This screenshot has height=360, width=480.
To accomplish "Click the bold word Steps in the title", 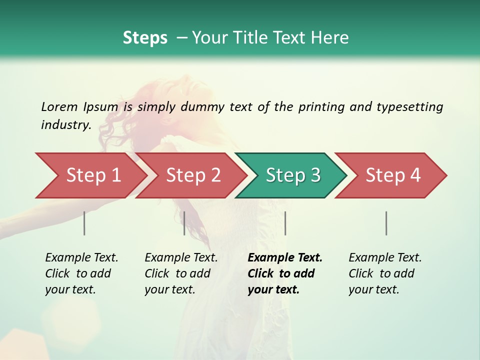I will click(x=145, y=38).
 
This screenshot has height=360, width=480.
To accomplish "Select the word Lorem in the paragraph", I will click(x=59, y=107).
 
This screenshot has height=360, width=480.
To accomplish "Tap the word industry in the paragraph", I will click(x=65, y=125).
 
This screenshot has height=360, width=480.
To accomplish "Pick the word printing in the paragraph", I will click(x=321, y=107).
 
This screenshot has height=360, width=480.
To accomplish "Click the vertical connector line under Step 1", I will click(x=84, y=223).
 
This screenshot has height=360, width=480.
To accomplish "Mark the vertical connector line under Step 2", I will click(x=184, y=223).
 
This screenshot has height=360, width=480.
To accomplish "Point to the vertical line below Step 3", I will click(x=285, y=223).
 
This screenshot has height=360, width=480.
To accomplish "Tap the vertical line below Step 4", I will click(x=386, y=223).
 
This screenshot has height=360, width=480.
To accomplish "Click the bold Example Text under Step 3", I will click(x=285, y=258).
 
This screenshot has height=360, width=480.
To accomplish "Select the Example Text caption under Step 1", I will click(x=81, y=258).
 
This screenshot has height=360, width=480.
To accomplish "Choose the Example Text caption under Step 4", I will click(x=385, y=258).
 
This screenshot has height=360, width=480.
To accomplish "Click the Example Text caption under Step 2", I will click(x=181, y=258).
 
